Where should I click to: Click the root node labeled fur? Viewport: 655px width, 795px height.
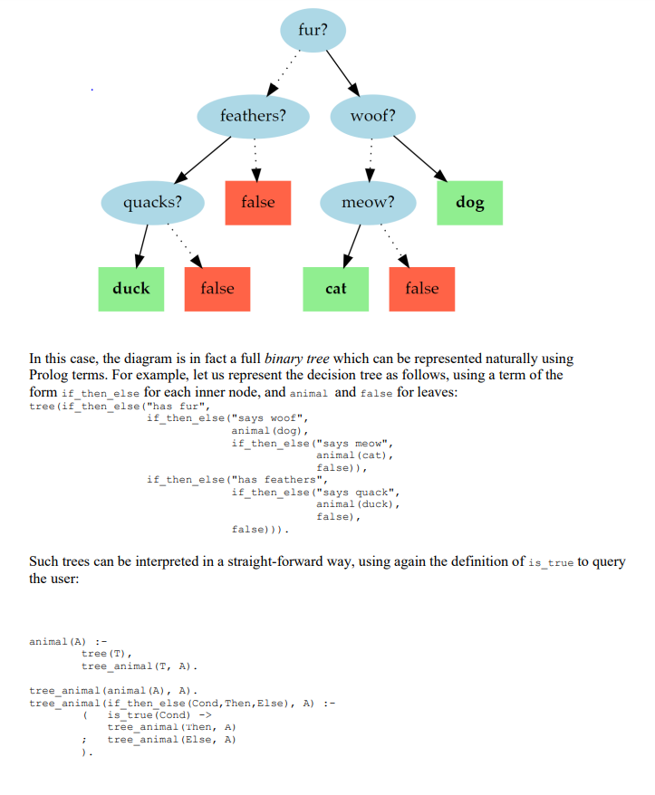click(x=313, y=29)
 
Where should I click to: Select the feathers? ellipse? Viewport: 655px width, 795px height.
click(x=253, y=116)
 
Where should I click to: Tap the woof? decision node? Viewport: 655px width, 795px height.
click(x=372, y=116)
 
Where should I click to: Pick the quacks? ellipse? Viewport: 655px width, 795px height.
click(x=152, y=202)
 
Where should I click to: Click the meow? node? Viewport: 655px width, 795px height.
click(x=368, y=202)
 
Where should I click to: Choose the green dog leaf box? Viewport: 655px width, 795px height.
click(x=469, y=202)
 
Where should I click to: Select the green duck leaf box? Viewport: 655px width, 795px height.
click(x=131, y=289)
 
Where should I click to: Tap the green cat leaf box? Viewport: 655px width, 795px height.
click(x=335, y=289)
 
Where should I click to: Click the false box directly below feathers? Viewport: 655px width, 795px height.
click(x=258, y=202)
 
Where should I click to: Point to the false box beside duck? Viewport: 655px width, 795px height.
click(x=217, y=289)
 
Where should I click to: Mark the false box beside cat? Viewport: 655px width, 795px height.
click(x=421, y=289)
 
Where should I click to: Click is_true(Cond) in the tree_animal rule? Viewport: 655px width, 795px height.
click(x=149, y=714)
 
